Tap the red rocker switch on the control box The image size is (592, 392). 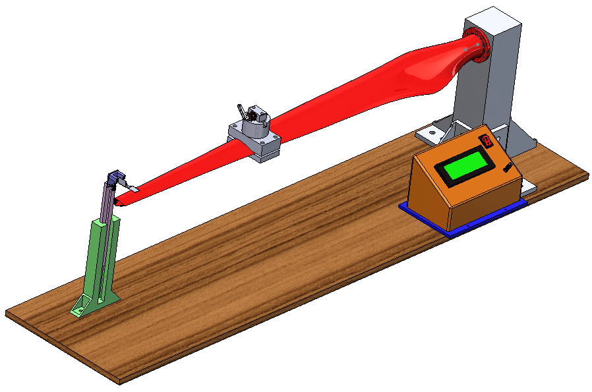pyautogui.click(x=487, y=140)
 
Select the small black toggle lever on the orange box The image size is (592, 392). pyautogui.click(x=508, y=167)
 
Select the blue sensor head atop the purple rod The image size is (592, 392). pyautogui.click(x=117, y=177)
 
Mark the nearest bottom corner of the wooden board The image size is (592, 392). pyautogui.click(x=119, y=381)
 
